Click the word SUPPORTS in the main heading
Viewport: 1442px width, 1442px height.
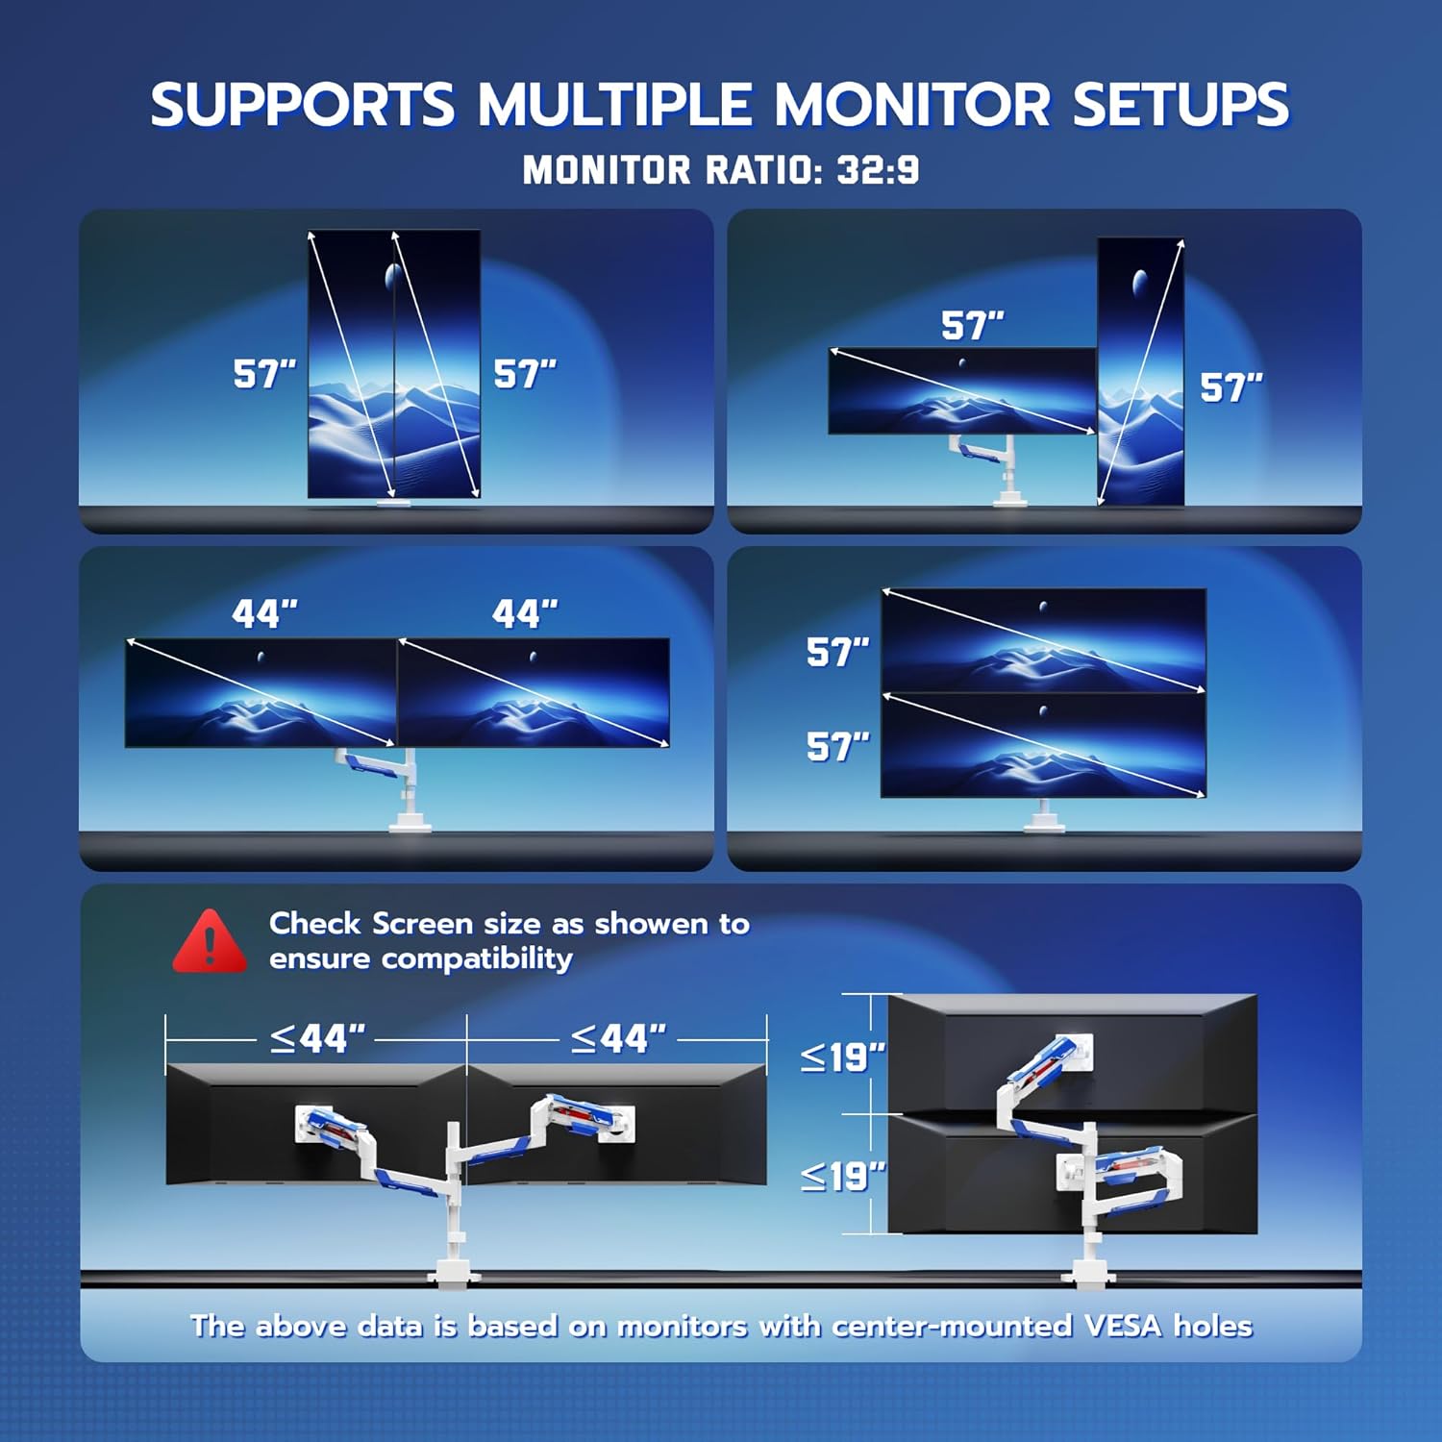coord(302,105)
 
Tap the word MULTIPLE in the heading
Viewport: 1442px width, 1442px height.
coord(615,105)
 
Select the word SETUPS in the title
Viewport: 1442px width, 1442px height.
coord(1181,105)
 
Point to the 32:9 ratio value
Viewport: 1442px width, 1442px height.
coord(878,171)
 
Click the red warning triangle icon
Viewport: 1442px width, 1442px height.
coord(210,942)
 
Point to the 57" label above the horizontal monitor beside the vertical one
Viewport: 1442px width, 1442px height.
coord(972,326)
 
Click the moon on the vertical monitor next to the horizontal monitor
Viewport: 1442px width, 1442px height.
coord(1140,282)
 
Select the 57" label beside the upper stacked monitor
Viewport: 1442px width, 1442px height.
coord(837,653)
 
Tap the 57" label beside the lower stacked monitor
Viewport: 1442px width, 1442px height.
coord(837,747)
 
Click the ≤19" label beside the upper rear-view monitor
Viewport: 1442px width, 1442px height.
coord(842,1057)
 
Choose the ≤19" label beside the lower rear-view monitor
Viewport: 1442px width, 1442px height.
coord(842,1177)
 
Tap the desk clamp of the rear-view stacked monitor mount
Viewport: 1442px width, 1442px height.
coord(1088,1275)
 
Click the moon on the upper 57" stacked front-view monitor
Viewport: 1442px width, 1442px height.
coord(1043,607)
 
